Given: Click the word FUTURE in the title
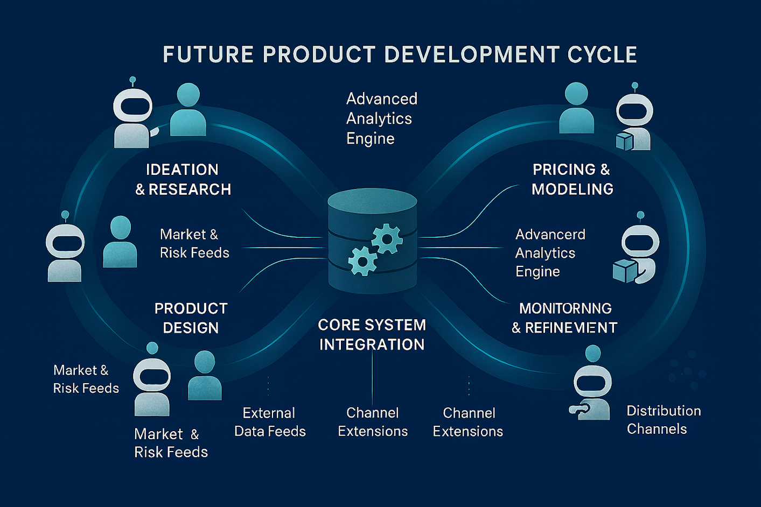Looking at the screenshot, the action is click(208, 54).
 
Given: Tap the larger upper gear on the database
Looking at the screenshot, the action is click(387, 239).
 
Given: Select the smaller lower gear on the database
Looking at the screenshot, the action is click(363, 261).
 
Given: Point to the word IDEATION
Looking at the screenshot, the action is click(182, 170).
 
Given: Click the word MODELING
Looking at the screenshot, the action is click(573, 189).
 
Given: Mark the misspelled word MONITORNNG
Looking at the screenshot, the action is click(565, 308).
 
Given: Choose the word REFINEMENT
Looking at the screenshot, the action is click(571, 328).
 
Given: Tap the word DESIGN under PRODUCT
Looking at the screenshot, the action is click(191, 328).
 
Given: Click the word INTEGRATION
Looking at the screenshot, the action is click(372, 344).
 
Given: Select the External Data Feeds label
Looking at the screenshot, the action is click(270, 422).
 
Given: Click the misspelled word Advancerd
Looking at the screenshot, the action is click(550, 234).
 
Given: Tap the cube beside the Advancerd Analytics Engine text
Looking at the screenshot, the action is click(625, 271).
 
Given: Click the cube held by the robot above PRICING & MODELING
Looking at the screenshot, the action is click(624, 141).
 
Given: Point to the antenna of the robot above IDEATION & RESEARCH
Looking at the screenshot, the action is click(133, 82).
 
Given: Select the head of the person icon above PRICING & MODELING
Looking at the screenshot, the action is click(576, 94).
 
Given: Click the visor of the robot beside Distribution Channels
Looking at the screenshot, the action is click(592, 384).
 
